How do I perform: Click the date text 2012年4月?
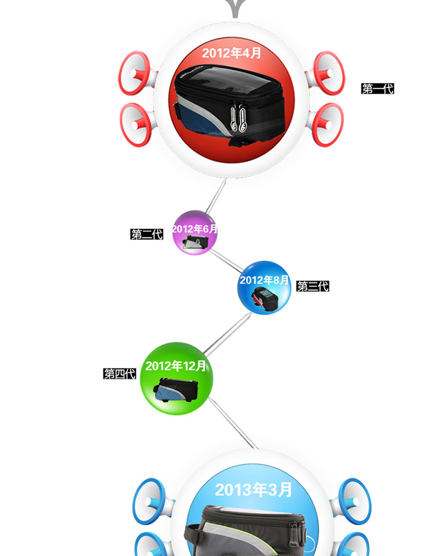coord(231,53)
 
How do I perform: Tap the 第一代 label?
coord(378,89)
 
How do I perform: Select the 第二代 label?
coord(147,234)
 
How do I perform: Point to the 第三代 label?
coord(313,286)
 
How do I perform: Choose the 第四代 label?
coord(120,373)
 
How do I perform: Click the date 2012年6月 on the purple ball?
coord(194,229)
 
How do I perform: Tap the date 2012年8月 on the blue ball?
coord(265,280)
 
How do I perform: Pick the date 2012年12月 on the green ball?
coord(175,366)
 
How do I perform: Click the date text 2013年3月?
coord(253,489)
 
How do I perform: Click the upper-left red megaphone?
coord(137,73)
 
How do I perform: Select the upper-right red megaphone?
coord(325,73)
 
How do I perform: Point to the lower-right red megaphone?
coord(325,124)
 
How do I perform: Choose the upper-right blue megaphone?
coord(351,501)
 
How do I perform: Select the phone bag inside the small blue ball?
coord(265,300)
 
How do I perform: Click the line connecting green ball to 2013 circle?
coord(233,423)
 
